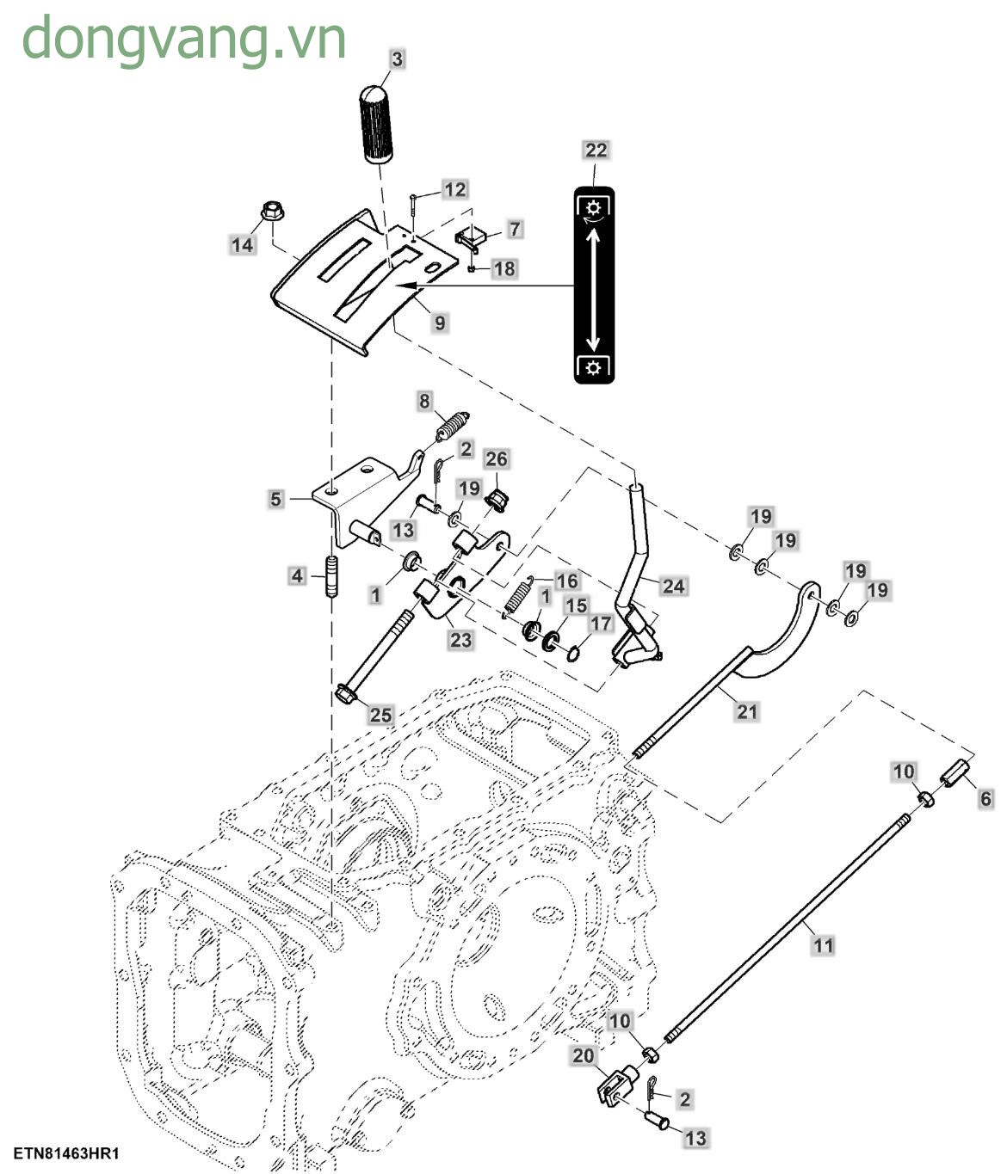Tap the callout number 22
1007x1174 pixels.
coord(596,150)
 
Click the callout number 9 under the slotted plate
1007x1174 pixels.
coord(440,323)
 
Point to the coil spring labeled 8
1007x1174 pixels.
coord(451,426)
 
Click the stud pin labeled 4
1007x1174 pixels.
coord(330,576)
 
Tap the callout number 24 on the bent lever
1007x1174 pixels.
coord(673,586)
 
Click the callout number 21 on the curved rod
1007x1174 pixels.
coord(747,711)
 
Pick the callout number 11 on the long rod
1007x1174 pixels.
coord(824,945)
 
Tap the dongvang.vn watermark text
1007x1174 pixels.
coord(184,39)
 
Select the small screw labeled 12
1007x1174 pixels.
coord(414,204)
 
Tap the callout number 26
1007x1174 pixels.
coord(497,458)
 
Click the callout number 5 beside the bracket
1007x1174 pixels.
coord(275,499)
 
